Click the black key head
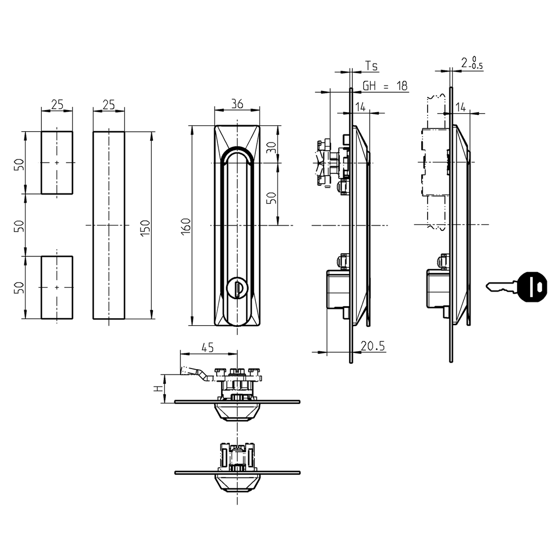coord(532,286)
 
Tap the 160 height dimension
coord(185,225)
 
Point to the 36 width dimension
coord(237,104)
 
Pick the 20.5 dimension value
coord(373,346)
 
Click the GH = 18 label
coord(385,86)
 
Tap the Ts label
coord(371,66)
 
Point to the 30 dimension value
coord(272,146)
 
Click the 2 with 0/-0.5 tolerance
coord(471,63)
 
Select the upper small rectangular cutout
coord(57,162)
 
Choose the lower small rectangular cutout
coord(57,287)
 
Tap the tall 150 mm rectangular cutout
coord(108,225)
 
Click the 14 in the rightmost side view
coord(461,107)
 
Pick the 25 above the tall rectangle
coord(108,104)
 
